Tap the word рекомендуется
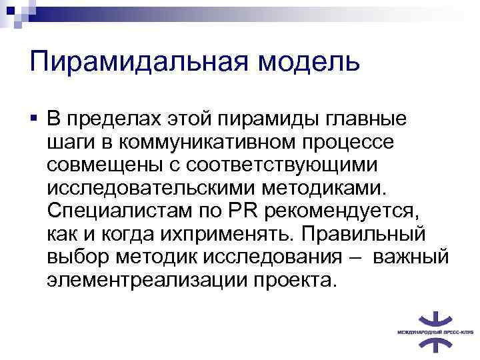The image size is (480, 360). coord(340,211)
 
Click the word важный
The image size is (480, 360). coord(411,256)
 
